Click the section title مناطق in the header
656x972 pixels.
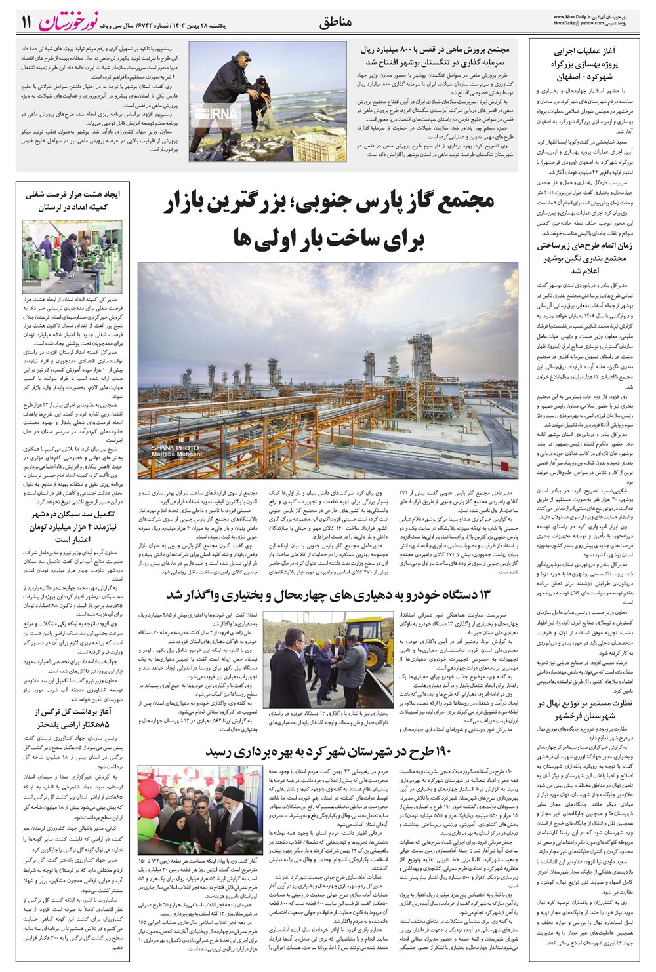[336, 22]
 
